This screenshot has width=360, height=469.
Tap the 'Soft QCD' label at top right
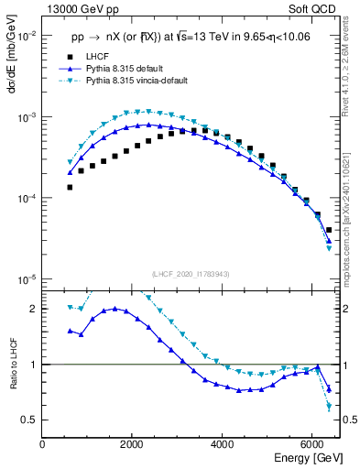(x=315, y=8)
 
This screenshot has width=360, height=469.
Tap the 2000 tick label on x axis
(x=133, y=445)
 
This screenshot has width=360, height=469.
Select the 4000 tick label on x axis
(x=223, y=445)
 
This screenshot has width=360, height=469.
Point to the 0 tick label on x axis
(x=43, y=445)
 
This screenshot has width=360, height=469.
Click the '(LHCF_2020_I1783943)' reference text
(x=191, y=273)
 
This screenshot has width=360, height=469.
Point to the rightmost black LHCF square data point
(x=329, y=230)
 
